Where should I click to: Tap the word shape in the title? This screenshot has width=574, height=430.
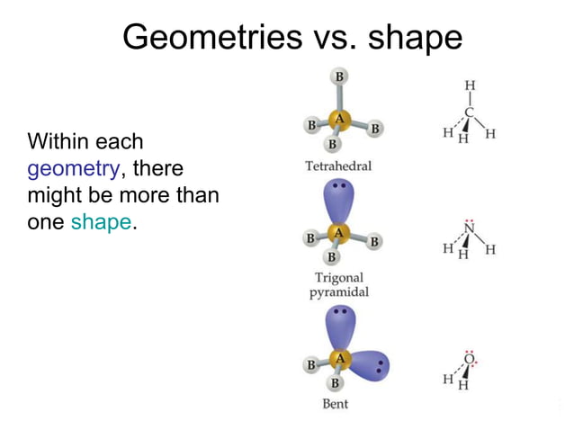pyautogui.click(x=415, y=37)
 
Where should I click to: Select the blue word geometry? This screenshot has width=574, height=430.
pyautogui.click(x=73, y=169)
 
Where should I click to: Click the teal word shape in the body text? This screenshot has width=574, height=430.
pyautogui.click(x=101, y=222)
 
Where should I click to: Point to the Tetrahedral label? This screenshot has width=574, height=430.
pyautogui.click(x=338, y=166)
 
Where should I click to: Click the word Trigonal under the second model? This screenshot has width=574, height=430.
pyautogui.click(x=338, y=278)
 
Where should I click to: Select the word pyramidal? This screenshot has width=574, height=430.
pyautogui.click(x=338, y=292)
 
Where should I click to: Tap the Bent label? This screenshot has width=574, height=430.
pyautogui.click(x=335, y=404)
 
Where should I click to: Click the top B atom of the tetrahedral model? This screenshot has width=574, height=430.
pyautogui.click(x=339, y=77)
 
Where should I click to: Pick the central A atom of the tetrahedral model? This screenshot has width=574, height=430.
pyautogui.click(x=339, y=119)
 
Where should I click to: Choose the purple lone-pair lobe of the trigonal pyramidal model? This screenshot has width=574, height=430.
pyautogui.click(x=339, y=199)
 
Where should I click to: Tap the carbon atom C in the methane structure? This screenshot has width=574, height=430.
pyautogui.click(x=469, y=113)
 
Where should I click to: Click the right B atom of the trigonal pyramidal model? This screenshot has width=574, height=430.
pyautogui.click(x=374, y=241)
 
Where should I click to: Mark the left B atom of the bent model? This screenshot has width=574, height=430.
pyautogui.click(x=311, y=365)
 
